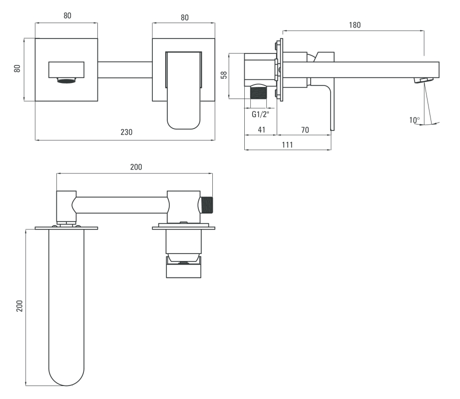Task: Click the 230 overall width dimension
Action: [126, 132]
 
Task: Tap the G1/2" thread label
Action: [261, 114]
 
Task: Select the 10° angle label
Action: [415, 120]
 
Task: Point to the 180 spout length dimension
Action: [355, 25]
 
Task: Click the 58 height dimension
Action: [224, 75]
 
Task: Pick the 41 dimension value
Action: [261, 130]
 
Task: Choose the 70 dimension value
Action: [305, 130]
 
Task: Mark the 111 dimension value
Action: [288, 144]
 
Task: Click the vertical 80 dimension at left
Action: [17, 68]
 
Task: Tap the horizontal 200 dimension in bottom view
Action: [136, 167]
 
